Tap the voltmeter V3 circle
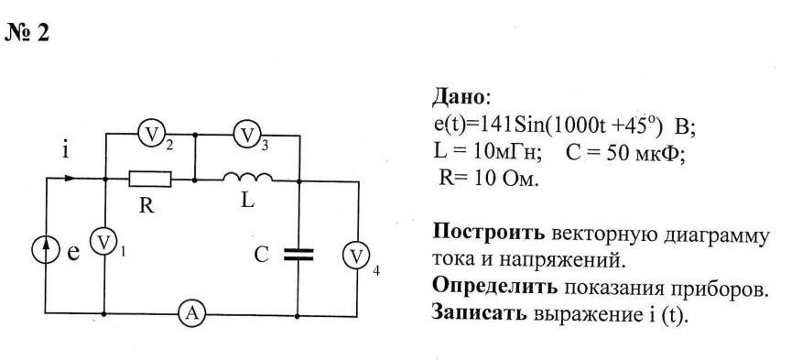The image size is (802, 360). tap(247, 135)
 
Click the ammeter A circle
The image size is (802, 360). tap(192, 313)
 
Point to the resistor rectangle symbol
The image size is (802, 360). tap(150, 180)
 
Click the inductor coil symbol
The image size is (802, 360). tap(247, 177)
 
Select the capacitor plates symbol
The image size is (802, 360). tap(298, 254)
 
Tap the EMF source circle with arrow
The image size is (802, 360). tap(46, 250)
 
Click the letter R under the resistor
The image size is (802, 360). tap(146, 206)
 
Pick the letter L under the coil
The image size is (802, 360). tap(247, 201)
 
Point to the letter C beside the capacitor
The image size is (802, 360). tap(261, 255)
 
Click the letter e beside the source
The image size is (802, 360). tap(73, 253)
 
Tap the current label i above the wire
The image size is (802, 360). tap(66, 151)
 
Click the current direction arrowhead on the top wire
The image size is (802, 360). tap(70, 179)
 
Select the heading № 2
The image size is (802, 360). tap(27, 33)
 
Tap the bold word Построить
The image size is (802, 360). tap(489, 234)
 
